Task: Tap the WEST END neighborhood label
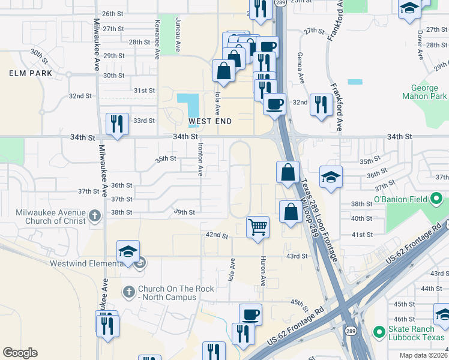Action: tap(210, 121)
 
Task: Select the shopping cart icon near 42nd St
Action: tap(258, 227)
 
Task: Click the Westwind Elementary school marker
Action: tap(128, 252)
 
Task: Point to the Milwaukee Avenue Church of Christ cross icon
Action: tap(95, 215)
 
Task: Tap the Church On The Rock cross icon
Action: tap(128, 292)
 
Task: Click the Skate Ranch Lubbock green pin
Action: tap(378, 331)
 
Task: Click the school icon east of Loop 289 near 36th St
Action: tap(331, 177)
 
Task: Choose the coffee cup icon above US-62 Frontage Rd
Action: tap(250, 314)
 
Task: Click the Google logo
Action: tap(20, 353)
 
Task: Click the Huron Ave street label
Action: tap(263, 272)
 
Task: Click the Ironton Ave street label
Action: tap(200, 159)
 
